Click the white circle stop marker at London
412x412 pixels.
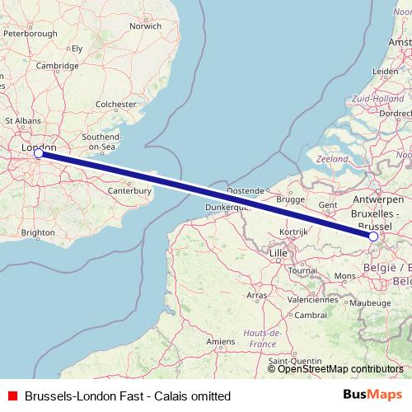click(x=38, y=152)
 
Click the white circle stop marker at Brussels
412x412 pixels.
click(x=373, y=236)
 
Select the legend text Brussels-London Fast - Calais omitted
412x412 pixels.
click(x=128, y=396)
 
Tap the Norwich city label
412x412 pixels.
click(x=145, y=26)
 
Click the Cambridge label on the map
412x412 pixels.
click(x=57, y=66)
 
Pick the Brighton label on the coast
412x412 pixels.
click(x=39, y=233)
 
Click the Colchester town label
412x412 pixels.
click(x=115, y=105)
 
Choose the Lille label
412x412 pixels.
click(x=279, y=252)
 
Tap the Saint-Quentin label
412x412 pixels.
click(x=294, y=361)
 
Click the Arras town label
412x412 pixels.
click(x=256, y=293)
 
